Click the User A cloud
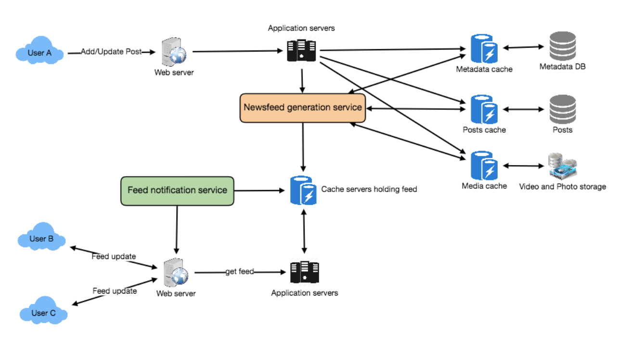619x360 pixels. (39, 51)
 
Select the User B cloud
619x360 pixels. (41, 237)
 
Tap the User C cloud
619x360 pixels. (43, 311)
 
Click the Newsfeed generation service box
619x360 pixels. (302, 107)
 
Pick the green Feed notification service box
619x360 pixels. (177, 191)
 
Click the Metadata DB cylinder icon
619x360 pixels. (563, 46)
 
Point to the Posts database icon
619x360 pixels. (563, 110)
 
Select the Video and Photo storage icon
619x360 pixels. (562, 166)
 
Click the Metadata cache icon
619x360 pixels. (484, 48)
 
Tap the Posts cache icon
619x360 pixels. (484, 110)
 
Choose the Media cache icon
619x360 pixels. (484, 166)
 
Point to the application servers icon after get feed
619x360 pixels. (304, 272)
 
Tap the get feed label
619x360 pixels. (240, 272)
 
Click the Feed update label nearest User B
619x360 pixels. (114, 257)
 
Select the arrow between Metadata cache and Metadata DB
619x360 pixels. (523, 47)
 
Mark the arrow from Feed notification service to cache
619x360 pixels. (260, 191)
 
